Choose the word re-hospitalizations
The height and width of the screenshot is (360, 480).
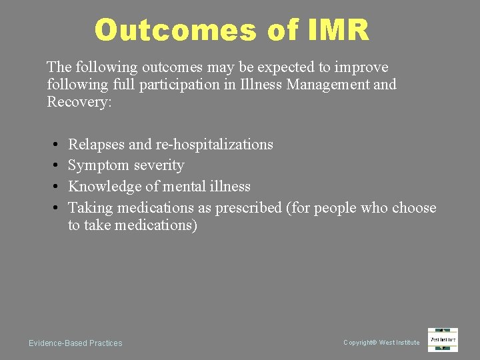pyautogui.click(x=214, y=145)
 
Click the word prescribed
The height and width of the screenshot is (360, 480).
pyautogui.click(x=249, y=208)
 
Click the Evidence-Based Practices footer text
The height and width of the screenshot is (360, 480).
pyautogui.click(x=75, y=343)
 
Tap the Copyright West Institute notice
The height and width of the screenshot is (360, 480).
pyautogui.click(x=381, y=343)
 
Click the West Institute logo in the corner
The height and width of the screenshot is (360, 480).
pyautogui.click(x=443, y=340)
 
